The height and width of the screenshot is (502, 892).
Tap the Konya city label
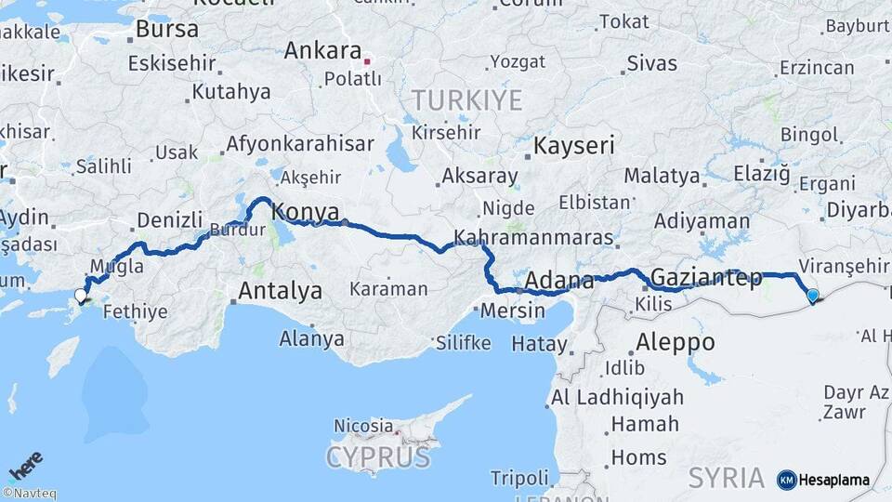[305, 213]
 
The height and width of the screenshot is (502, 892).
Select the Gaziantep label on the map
[706, 277]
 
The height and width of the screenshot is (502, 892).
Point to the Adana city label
[559, 280]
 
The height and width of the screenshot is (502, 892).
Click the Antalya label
[280, 291]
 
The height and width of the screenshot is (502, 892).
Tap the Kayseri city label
[573, 145]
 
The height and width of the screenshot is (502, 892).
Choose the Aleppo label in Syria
[676, 342]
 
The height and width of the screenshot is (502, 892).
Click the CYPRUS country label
[378, 457]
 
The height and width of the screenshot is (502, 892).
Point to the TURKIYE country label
[466, 100]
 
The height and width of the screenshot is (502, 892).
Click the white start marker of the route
[80, 297]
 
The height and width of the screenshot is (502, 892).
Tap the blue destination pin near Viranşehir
[813, 297]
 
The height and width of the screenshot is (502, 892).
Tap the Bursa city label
[166, 29]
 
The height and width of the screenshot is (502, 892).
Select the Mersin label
[513, 310]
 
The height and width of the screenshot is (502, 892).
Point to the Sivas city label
[651, 63]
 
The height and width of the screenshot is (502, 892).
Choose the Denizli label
[169, 220]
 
